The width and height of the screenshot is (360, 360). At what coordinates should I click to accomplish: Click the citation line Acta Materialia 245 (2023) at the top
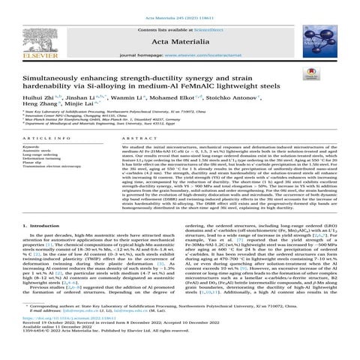click(179, 6)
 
